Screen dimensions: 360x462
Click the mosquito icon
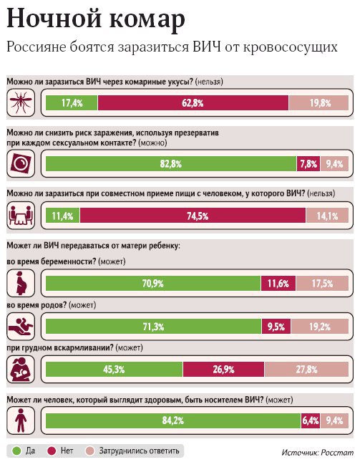click(21, 102)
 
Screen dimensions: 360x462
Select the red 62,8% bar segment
click(193, 103)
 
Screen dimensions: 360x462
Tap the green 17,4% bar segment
click(72, 103)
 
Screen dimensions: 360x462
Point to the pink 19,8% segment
click(318, 103)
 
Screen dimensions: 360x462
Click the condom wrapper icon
click(21, 163)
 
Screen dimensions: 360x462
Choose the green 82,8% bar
click(171, 163)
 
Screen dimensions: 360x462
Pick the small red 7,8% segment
click(308, 163)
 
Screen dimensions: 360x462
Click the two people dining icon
click(21, 216)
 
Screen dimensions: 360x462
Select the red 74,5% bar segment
click(193, 216)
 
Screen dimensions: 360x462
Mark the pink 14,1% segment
click(327, 216)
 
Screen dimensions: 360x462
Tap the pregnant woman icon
click(21, 283)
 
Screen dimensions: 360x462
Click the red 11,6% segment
click(278, 283)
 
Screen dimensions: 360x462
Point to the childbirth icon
click(21, 327)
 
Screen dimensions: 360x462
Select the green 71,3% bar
click(153, 327)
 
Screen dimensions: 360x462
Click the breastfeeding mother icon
click(21, 370)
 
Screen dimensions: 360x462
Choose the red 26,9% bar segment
click(224, 369)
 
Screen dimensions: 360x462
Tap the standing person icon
click(21, 420)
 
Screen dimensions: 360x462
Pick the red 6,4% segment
click(310, 420)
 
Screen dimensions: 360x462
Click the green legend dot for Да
click(16, 451)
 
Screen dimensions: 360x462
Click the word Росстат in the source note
click(337, 452)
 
